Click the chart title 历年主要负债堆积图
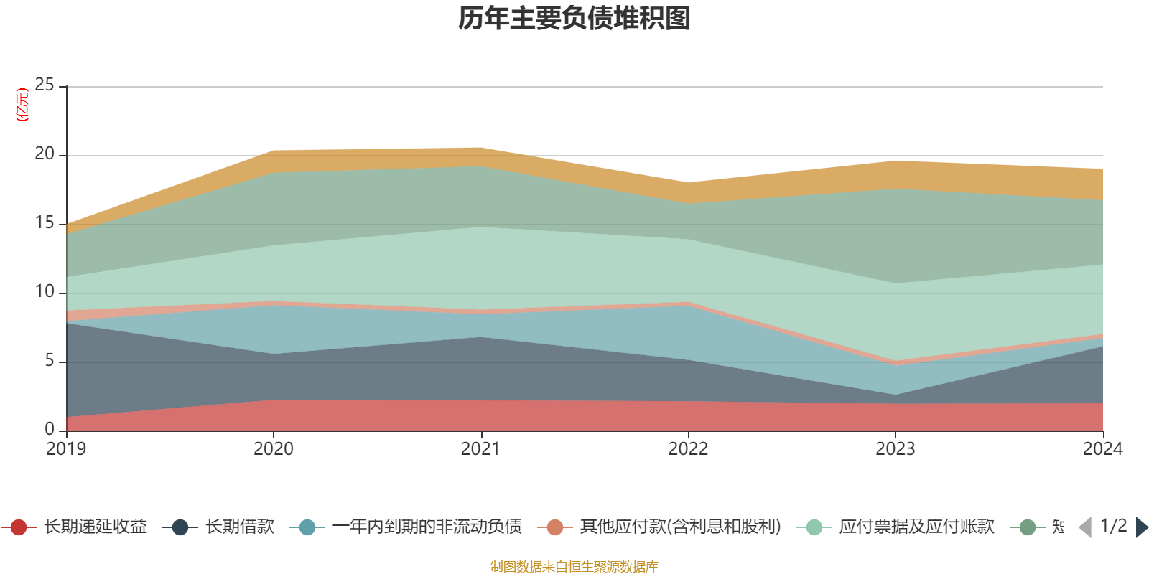tap(574, 19)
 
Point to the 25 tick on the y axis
tap(45, 85)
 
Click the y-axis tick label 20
tap(45, 154)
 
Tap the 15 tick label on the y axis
tap(45, 223)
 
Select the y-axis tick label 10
tap(45, 292)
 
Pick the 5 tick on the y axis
tap(49, 360)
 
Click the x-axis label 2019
tap(66, 449)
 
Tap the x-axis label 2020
tap(273, 449)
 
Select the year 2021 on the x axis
tap(480, 449)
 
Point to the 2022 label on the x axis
tap(688, 449)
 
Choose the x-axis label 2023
tap(895, 449)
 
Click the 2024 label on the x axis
tap(1102, 449)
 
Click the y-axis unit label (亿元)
tap(22, 105)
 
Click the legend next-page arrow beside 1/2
tap(1141, 527)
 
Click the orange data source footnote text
tap(574, 567)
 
